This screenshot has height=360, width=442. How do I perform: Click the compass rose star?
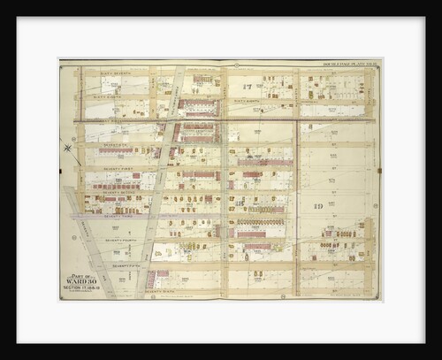tap(68, 147)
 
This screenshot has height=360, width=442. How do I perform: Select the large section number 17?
tap(255, 86)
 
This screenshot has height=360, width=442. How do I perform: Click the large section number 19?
tap(316, 205)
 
